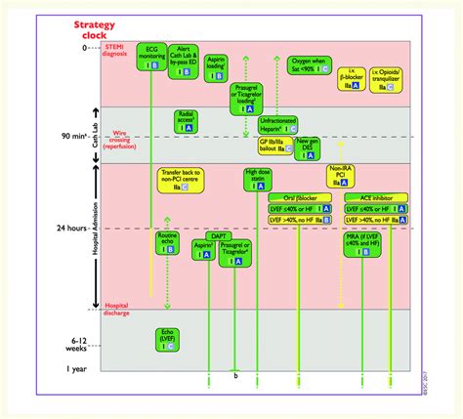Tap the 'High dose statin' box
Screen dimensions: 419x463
click(260, 180)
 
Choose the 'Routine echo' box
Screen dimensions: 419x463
click(168, 243)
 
